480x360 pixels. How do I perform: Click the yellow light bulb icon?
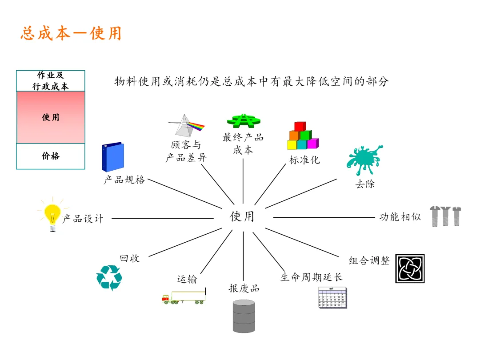52,216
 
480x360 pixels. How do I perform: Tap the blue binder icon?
113,157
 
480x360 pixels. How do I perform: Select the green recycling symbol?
109,277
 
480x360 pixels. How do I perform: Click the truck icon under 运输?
184,297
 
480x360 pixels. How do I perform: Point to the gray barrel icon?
244,316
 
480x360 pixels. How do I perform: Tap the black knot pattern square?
410,268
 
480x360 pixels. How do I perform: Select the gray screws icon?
445,216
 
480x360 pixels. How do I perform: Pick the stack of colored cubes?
303,136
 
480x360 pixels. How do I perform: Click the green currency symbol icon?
243,120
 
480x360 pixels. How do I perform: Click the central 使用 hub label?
242,216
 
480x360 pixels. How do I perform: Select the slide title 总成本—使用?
71,34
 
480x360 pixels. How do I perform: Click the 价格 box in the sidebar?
51,156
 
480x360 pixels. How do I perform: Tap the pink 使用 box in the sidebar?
51,117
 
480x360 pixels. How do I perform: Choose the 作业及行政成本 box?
51,81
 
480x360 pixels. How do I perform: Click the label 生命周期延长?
312,277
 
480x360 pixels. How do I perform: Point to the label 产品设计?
83,219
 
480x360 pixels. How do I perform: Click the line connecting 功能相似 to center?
324,217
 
